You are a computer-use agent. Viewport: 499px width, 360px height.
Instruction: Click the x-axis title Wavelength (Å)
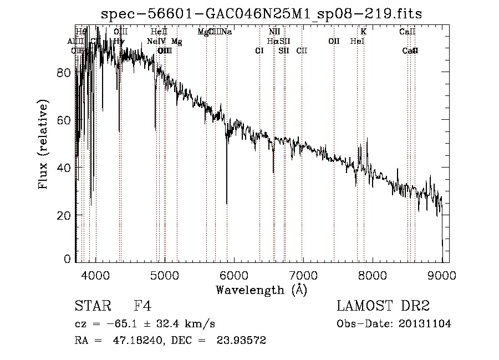pyautogui.click(x=261, y=290)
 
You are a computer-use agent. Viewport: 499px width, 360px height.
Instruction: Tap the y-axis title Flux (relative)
pyautogui.click(x=44, y=144)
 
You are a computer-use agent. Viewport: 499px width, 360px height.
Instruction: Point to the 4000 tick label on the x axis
pyautogui.click(x=96, y=275)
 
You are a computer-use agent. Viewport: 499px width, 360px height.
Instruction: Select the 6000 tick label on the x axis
pyautogui.click(x=234, y=275)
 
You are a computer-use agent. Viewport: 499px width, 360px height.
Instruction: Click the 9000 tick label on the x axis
pyautogui.click(x=441, y=275)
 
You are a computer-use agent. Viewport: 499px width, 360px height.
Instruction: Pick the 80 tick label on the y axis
pyautogui.click(x=65, y=73)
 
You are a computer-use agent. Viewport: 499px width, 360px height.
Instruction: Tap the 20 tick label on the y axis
pyautogui.click(x=65, y=215)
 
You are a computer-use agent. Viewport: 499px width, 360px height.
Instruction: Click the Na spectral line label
pyautogui.click(x=227, y=32)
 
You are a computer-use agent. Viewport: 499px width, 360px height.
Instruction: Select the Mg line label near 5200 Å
pyautogui.click(x=176, y=42)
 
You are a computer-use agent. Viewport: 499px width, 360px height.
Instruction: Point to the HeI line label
pyautogui.click(x=357, y=42)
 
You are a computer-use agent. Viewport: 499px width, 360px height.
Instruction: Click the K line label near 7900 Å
pyautogui.click(x=364, y=32)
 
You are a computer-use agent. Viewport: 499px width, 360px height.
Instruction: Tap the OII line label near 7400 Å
pyautogui.click(x=334, y=42)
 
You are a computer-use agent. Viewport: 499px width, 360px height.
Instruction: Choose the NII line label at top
pyautogui.click(x=274, y=32)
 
